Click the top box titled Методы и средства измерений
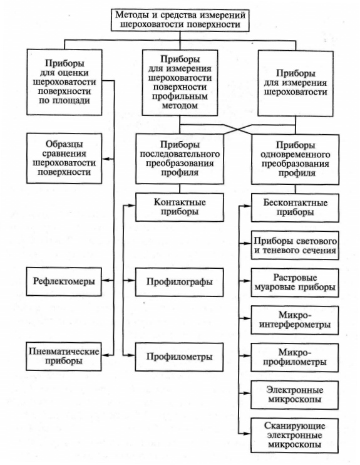click(180, 19)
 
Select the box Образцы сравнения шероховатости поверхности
click(64, 159)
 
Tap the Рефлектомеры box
click(64, 281)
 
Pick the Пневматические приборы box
click(64, 357)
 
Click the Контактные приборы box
click(180, 207)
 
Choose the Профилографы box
click(179, 282)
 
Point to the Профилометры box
click(179, 357)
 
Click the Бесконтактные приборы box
click(295, 207)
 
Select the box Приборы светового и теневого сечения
click(295, 245)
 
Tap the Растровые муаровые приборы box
click(295, 283)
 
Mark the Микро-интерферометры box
click(295, 320)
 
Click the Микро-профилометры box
click(294, 358)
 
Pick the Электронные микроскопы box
click(294, 395)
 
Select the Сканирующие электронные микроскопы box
click(294, 436)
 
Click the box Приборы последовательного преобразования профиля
click(180, 159)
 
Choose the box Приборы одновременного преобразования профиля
click(296, 160)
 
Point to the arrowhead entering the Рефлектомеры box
click(105, 280)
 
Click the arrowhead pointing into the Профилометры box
click(133, 355)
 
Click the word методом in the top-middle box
click(180, 105)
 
